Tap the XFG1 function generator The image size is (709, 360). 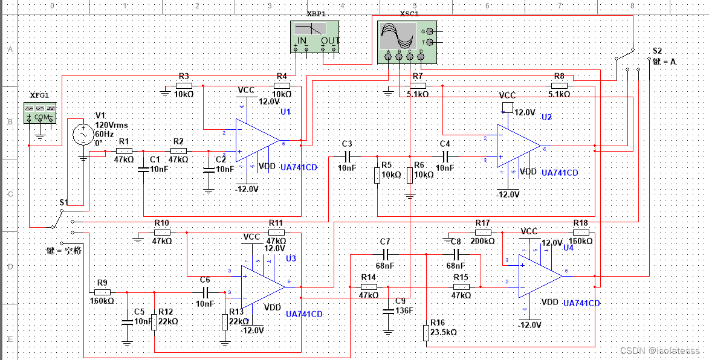(x=40, y=113)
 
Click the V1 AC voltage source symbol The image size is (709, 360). (x=83, y=134)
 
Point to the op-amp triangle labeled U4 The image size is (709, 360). (x=539, y=276)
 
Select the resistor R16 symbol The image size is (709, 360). (x=426, y=332)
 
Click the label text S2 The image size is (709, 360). (x=658, y=51)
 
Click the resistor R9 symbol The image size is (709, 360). (x=102, y=292)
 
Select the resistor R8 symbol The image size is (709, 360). (x=559, y=85)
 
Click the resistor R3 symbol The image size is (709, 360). (x=184, y=86)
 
